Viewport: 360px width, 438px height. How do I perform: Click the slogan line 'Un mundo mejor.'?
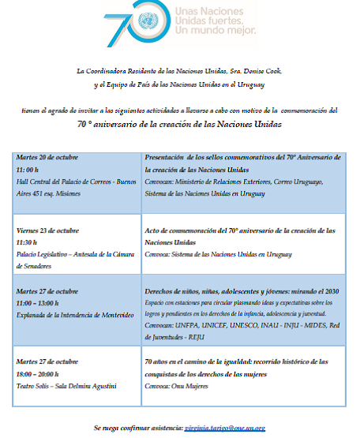(x=215, y=32)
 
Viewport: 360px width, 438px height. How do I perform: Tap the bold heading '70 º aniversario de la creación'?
(x=179, y=125)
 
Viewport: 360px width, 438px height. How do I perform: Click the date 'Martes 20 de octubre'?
(x=47, y=157)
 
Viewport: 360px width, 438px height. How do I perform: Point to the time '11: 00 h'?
(x=28, y=169)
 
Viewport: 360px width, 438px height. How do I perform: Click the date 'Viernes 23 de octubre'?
(x=48, y=230)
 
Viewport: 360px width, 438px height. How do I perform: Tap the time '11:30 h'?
(x=27, y=243)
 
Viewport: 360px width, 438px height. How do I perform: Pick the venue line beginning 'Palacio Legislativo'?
(x=72, y=254)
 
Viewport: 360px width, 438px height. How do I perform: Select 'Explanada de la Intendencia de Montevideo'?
(x=73, y=315)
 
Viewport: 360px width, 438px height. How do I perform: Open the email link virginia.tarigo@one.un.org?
(x=224, y=427)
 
